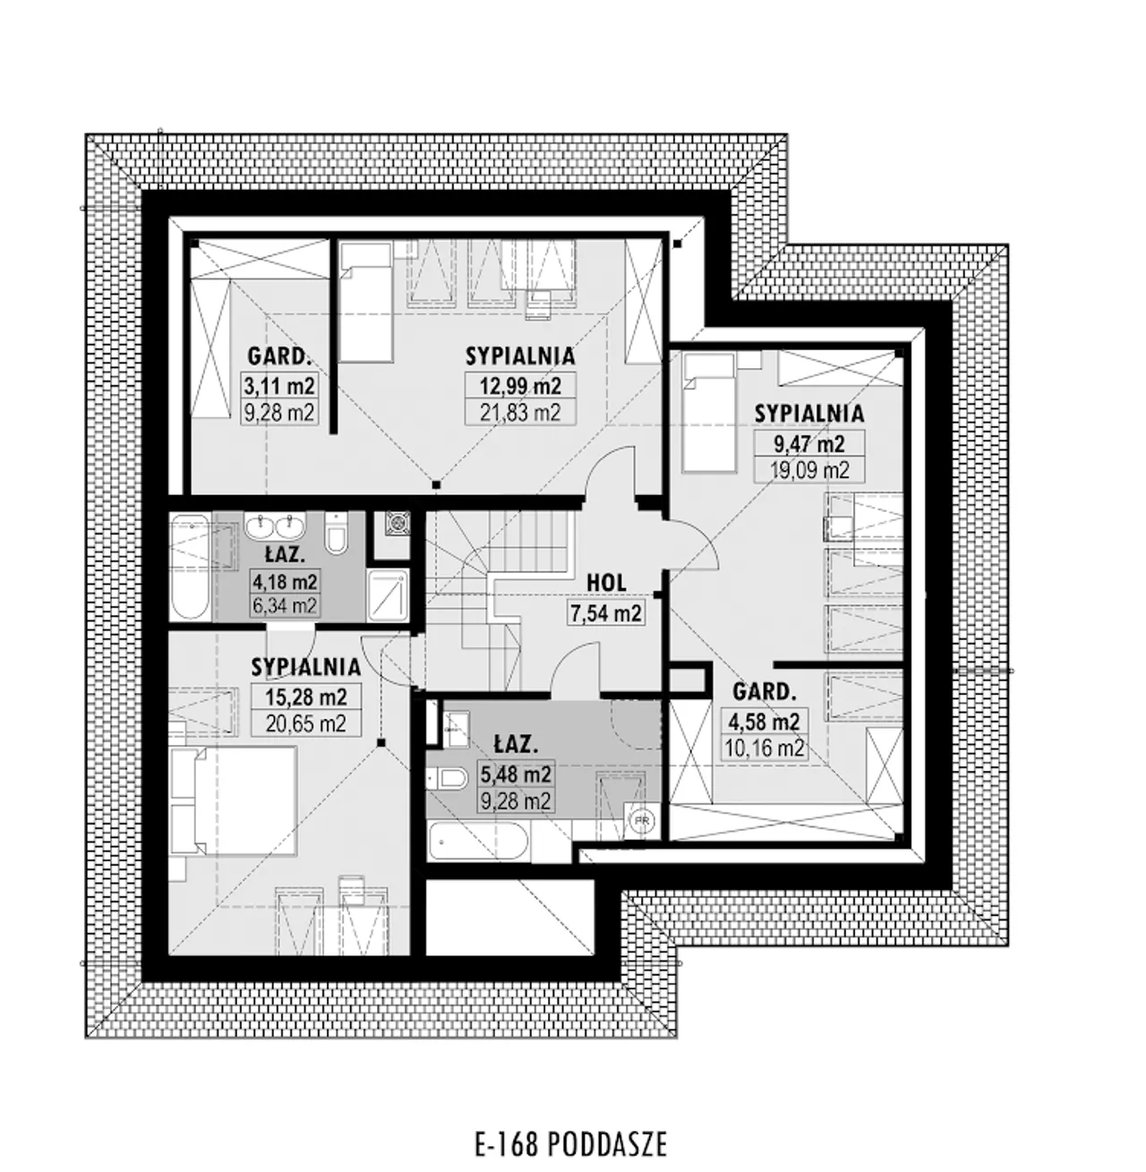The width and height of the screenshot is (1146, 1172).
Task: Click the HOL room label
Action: pyautogui.click(x=606, y=583)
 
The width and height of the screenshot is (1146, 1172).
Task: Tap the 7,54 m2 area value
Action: pyautogui.click(x=606, y=613)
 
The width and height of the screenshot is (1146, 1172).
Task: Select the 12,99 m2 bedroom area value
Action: pyautogui.click(x=520, y=386)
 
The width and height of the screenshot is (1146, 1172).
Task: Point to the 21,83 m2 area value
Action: pyautogui.click(x=520, y=413)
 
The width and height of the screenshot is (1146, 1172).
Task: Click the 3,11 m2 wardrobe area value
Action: pyautogui.click(x=279, y=386)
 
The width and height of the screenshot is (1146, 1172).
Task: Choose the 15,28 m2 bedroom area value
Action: pyautogui.click(x=306, y=697)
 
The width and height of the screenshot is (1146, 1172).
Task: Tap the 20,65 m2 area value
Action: pyautogui.click(x=306, y=723)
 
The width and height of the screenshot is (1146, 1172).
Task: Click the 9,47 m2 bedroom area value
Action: pyautogui.click(x=809, y=444)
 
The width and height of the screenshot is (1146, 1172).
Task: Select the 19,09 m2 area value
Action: pyautogui.click(x=809, y=470)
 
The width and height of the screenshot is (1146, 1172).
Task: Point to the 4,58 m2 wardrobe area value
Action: pyautogui.click(x=764, y=721)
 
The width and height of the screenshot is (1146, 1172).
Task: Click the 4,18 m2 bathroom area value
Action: pyautogui.click(x=285, y=582)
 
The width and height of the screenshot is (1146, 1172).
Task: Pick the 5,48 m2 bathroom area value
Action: pyautogui.click(x=516, y=774)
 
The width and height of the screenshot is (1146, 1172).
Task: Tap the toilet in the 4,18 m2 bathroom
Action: pyautogui.click(x=336, y=533)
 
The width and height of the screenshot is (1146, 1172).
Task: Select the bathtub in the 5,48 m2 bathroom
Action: pyautogui.click(x=479, y=843)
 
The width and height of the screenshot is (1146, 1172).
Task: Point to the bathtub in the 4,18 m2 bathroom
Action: pyautogui.click(x=189, y=566)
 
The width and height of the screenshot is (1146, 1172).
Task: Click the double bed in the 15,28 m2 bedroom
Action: pyautogui.click(x=234, y=800)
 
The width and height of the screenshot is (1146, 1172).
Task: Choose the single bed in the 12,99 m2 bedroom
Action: pyautogui.click(x=365, y=302)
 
